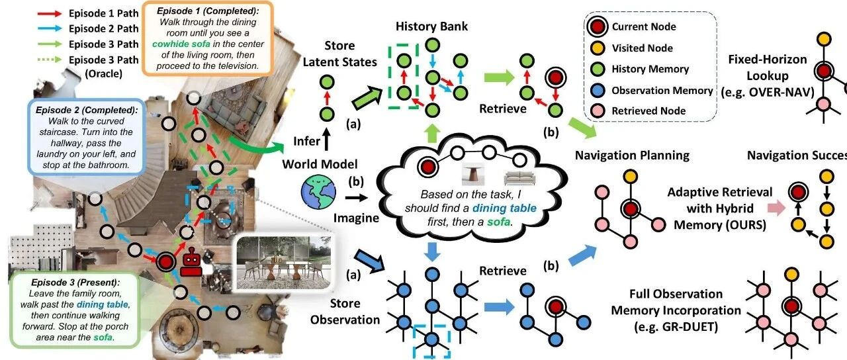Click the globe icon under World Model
318,192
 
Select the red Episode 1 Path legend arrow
50,14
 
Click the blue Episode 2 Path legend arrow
50,28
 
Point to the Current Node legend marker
598,27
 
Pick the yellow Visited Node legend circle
598,48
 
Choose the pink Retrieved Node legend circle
598,111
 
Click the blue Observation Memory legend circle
598,91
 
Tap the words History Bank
431,26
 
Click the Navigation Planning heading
632,156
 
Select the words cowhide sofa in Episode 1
181,44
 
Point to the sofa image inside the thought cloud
519,177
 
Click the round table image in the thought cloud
473,174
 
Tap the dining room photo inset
284,263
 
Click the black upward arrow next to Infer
327,140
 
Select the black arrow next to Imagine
356,197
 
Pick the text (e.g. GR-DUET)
676,327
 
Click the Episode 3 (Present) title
75,283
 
